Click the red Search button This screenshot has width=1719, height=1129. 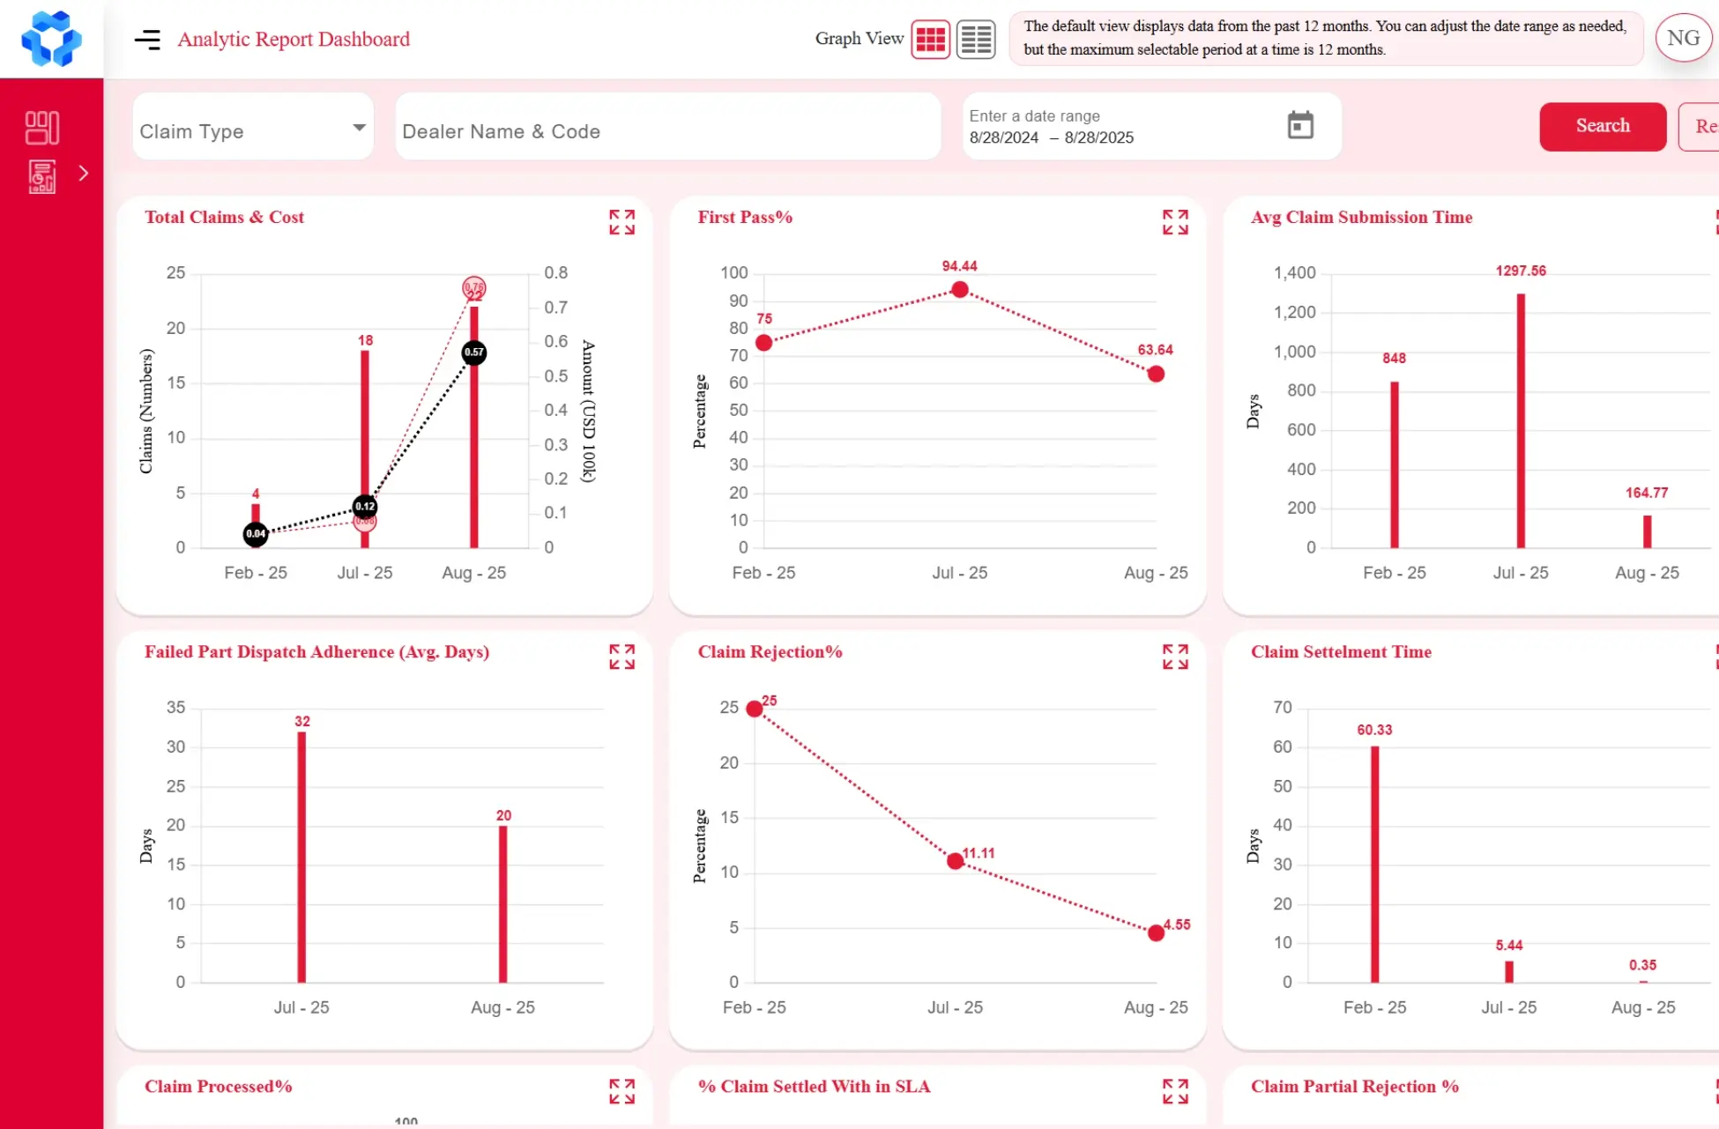(x=1602, y=126)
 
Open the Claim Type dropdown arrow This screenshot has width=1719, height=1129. (x=359, y=128)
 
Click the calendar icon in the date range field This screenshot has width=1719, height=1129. (x=1299, y=125)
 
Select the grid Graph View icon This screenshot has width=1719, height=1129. (x=930, y=39)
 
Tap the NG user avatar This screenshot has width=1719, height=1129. (x=1682, y=38)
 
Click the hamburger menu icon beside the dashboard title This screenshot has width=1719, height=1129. (x=147, y=39)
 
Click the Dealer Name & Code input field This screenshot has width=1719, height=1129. (x=667, y=131)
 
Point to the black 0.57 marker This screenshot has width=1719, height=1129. (x=473, y=353)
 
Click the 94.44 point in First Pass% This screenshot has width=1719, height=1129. (x=959, y=289)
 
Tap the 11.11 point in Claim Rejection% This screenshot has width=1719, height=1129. (x=955, y=860)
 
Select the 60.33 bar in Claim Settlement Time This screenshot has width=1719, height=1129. (x=1373, y=864)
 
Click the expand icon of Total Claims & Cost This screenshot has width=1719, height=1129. (x=621, y=222)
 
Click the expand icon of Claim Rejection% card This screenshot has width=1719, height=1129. (x=1174, y=657)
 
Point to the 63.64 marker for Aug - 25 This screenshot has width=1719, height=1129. (x=1156, y=374)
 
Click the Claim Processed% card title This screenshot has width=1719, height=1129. (x=218, y=1086)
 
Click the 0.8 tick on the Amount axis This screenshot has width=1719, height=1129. (x=555, y=272)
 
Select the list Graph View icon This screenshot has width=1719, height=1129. (x=976, y=39)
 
